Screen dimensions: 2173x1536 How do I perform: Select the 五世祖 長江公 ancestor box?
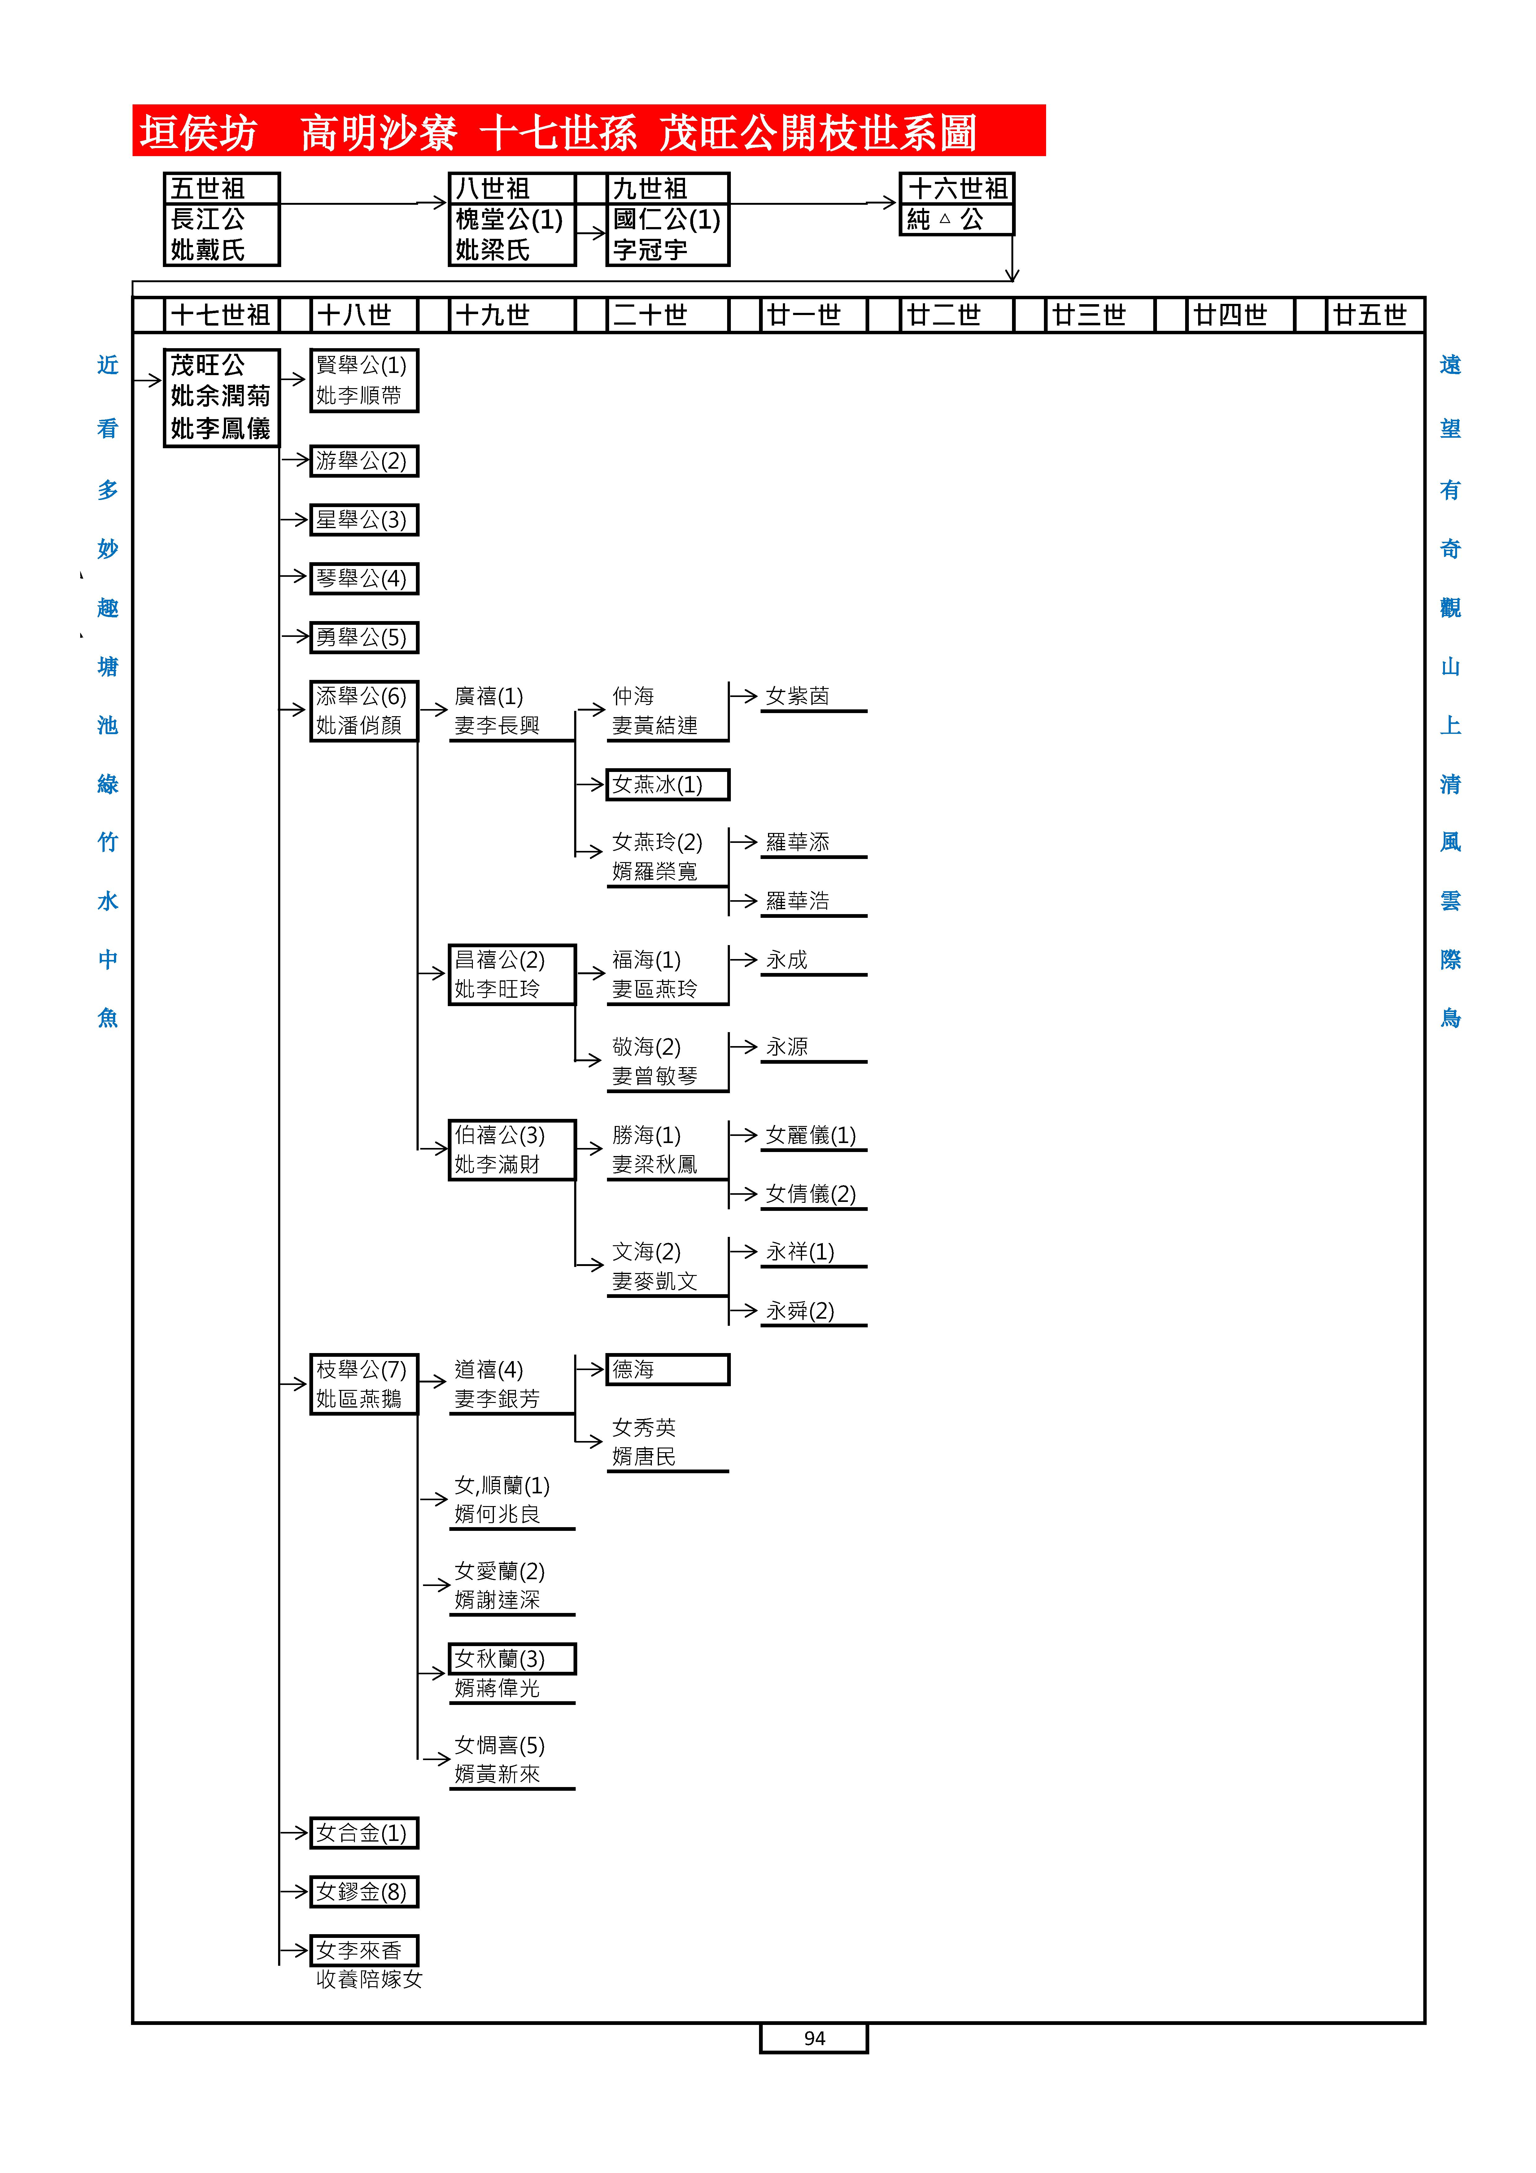[221, 219]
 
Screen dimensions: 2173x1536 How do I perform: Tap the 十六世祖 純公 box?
[956, 204]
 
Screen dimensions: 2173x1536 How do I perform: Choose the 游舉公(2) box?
[364, 461]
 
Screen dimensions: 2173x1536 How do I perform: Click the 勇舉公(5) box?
[364, 637]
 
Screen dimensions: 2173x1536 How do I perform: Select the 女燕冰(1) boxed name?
[667, 785]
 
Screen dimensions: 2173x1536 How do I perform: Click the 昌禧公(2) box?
[511, 974]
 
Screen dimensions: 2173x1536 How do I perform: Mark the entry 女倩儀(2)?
[810, 1194]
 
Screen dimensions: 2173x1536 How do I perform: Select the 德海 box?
[667, 1369]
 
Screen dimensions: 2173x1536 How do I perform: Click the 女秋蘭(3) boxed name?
[511, 1659]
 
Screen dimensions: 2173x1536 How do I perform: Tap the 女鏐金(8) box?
[364, 1892]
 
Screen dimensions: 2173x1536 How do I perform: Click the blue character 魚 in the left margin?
[108, 1019]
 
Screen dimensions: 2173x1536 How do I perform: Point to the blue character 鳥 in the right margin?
[1450, 1019]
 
